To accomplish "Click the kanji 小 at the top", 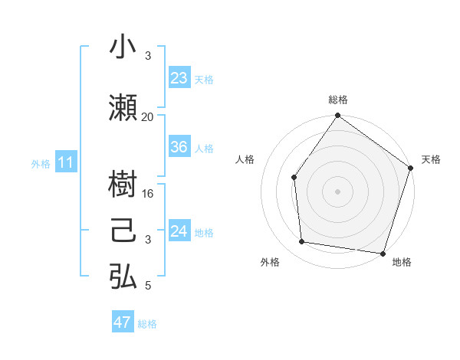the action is click(123, 47).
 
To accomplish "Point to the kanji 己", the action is click(123, 231).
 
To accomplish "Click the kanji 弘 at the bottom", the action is click(123, 277).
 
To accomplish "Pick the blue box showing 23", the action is click(179, 78).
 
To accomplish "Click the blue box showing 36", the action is click(179, 148).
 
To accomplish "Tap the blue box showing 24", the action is click(179, 231).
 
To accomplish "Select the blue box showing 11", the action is click(66, 162).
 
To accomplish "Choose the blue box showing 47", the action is click(123, 322).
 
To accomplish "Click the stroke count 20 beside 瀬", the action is click(148, 116).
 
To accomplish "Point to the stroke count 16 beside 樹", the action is click(148, 193).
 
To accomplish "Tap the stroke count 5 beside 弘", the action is click(148, 286).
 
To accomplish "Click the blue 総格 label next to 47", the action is click(147, 324).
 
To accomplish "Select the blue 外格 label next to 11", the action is click(41, 164).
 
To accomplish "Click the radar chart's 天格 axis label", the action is click(431, 159).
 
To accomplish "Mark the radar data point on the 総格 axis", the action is click(337, 116).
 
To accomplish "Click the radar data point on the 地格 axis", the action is click(382, 252).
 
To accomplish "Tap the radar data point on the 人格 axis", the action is click(294, 178).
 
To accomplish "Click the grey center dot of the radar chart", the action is click(337, 191).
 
